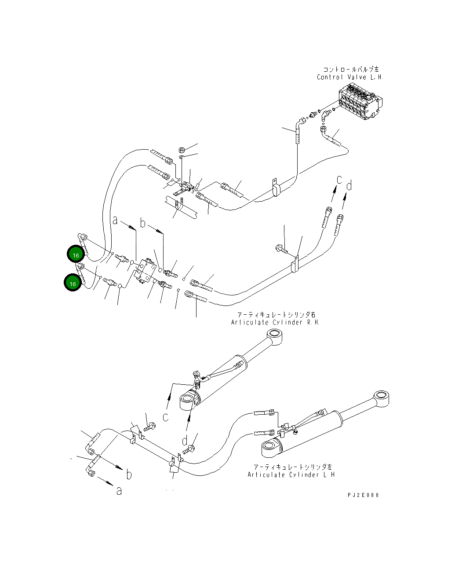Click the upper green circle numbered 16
tap(76, 255)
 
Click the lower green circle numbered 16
tap(73, 283)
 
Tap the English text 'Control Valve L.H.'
tap(350, 77)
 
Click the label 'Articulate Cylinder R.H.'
tap(275, 322)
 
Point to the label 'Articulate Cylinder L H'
tap(291, 475)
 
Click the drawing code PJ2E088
tap(363, 495)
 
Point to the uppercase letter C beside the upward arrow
tap(339, 180)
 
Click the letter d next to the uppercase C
tap(349, 186)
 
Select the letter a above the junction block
tap(115, 220)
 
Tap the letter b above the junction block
tap(142, 223)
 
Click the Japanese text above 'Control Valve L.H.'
tap(350, 70)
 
